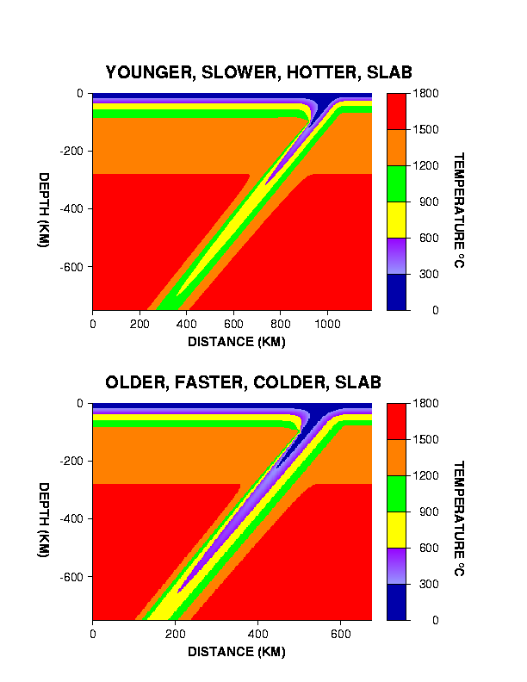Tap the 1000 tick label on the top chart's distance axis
tap(326, 325)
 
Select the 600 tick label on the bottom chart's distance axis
tap(340, 635)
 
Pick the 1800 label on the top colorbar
tap(426, 93)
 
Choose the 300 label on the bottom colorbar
tap(423, 584)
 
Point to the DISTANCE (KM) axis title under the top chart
tap(236, 342)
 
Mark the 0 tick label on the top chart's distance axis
tap(93, 325)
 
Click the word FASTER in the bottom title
tap(207, 382)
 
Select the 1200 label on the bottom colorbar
tap(426, 475)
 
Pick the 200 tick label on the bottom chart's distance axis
tap(175, 635)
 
